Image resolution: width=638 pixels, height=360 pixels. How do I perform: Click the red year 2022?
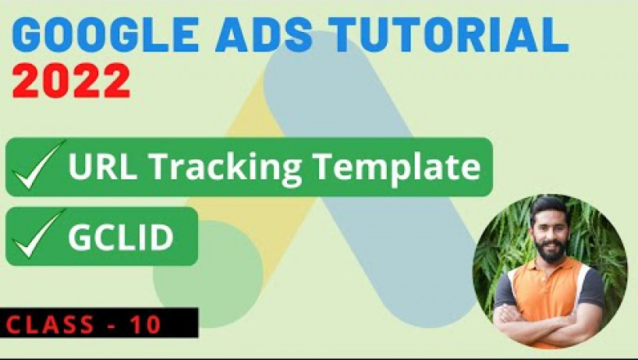coord(73,82)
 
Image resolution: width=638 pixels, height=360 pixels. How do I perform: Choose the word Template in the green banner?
coord(389,167)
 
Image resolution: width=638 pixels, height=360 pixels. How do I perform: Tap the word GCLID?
coord(121,237)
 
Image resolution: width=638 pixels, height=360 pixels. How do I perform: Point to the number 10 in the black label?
coord(146,324)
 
